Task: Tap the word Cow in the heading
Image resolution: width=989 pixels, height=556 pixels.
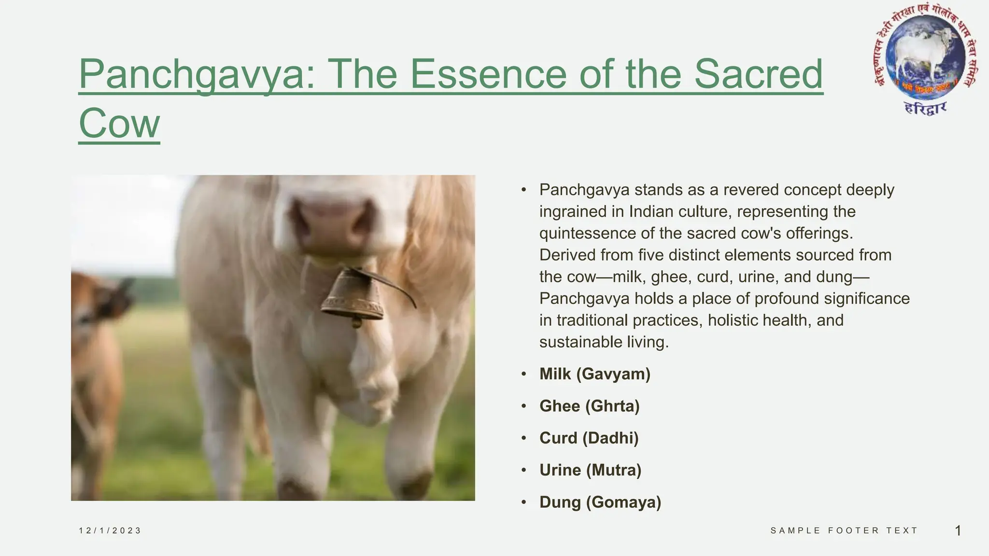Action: click(x=119, y=123)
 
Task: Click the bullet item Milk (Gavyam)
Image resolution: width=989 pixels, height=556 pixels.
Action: click(x=594, y=374)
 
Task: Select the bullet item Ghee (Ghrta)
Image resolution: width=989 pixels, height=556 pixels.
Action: click(x=589, y=406)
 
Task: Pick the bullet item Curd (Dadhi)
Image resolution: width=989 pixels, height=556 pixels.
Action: click(x=589, y=438)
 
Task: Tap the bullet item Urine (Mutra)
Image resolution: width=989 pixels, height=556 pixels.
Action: click(x=590, y=470)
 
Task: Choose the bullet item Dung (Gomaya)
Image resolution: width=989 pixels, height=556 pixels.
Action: click(x=600, y=502)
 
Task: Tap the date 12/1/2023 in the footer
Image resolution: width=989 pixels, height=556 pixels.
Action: click(x=110, y=530)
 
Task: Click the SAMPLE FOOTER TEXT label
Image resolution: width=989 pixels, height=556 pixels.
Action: click(x=844, y=530)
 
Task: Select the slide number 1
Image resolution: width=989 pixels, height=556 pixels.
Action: click(x=958, y=531)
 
